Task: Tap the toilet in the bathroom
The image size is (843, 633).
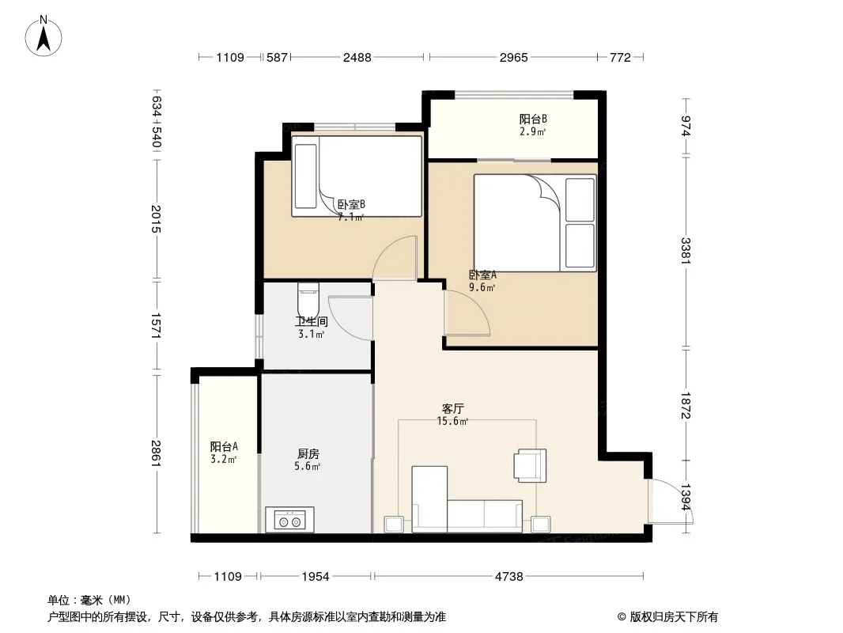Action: [x=308, y=298]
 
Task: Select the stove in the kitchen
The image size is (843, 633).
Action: [x=289, y=520]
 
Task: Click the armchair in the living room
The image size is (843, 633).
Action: [x=530, y=465]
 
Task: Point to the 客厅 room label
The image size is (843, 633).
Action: [x=452, y=409]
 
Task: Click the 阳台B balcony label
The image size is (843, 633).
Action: [x=533, y=119]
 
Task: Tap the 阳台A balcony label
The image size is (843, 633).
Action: [x=224, y=446]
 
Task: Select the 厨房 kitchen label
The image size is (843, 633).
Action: [x=308, y=454]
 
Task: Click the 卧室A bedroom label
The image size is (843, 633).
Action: [x=482, y=275]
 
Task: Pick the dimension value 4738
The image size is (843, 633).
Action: [x=508, y=577]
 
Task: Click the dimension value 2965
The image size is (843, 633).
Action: [x=513, y=57]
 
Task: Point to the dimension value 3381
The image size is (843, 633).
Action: [x=686, y=251]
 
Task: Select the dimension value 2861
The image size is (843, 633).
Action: [x=156, y=453]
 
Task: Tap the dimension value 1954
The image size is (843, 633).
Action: [x=315, y=577]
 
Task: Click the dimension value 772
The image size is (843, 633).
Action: [x=620, y=57]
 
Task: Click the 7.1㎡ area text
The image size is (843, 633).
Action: [x=350, y=218]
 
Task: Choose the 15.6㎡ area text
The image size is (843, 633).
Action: [x=452, y=421]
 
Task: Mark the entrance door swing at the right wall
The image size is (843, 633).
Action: [x=671, y=501]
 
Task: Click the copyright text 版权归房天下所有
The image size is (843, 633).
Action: [x=674, y=617]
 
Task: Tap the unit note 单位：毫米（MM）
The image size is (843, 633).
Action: [x=89, y=601]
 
